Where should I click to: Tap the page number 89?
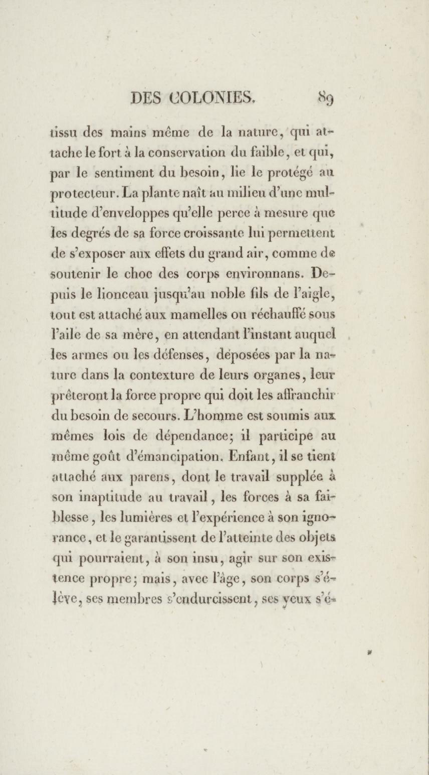326,98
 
